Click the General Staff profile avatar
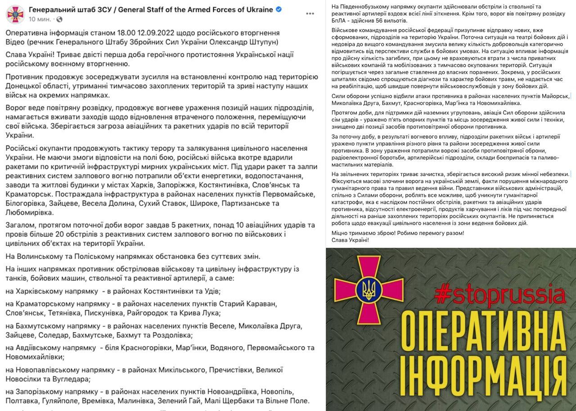(15, 14)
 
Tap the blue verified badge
(279, 9)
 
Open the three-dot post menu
(310, 14)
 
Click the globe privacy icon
(60, 19)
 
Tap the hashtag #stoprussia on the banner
(499, 295)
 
